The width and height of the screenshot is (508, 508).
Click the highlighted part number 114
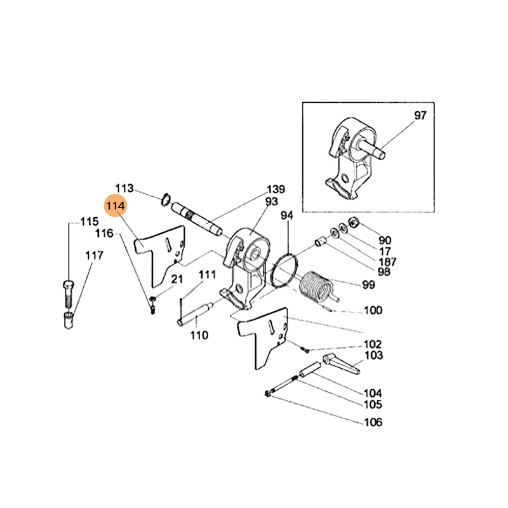[x=116, y=206]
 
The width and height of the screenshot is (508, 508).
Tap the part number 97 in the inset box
[x=420, y=116]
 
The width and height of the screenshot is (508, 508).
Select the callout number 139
[x=276, y=189]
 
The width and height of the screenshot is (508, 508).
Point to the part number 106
[x=373, y=423]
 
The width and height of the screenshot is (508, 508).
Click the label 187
[x=387, y=262]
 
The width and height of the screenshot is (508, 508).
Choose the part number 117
[x=94, y=255]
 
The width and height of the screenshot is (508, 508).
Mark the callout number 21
[x=177, y=279]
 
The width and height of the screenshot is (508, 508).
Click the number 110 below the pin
[x=199, y=335]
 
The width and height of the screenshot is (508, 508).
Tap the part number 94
[x=288, y=217]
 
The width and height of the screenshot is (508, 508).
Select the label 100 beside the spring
[x=373, y=311]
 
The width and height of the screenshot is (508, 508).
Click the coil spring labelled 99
[x=315, y=288]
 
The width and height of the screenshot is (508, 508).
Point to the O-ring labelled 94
[x=284, y=273]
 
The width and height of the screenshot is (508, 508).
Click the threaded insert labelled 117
[x=69, y=319]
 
